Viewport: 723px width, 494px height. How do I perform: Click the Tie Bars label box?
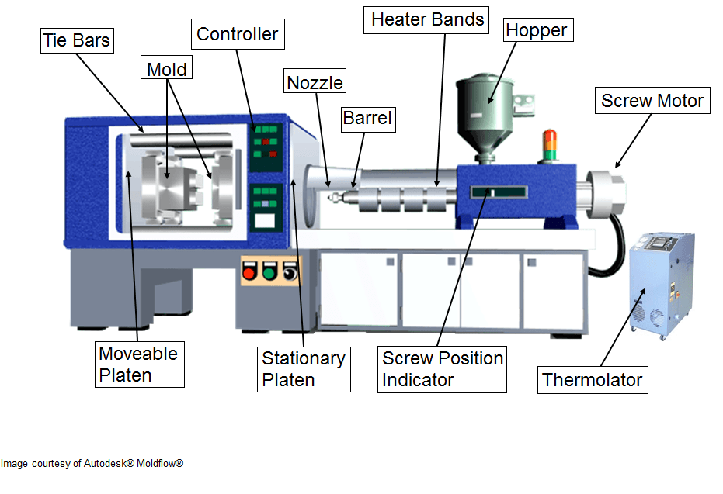tap(77, 41)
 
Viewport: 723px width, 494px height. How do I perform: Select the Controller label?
tap(237, 34)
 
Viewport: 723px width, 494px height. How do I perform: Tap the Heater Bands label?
tap(427, 20)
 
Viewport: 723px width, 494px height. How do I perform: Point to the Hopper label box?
tap(537, 31)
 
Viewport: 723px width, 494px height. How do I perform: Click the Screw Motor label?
tap(652, 101)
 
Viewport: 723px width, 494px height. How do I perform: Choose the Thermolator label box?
tap(593, 380)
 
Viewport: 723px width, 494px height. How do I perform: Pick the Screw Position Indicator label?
tap(443, 369)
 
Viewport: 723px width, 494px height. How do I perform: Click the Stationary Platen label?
tap(304, 369)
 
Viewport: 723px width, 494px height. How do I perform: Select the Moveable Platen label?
tap(139, 364)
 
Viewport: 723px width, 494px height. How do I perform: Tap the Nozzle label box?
tap(315, 82)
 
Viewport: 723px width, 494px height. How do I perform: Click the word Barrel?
tap(368, 119)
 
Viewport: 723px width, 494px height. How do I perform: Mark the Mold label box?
tap(167, 69)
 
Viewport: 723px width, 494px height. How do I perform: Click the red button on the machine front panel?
tap(250, 273)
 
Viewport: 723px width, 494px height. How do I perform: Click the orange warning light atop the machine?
tap(551, 139)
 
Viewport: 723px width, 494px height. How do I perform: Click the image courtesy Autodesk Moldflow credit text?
tap(92, 464)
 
